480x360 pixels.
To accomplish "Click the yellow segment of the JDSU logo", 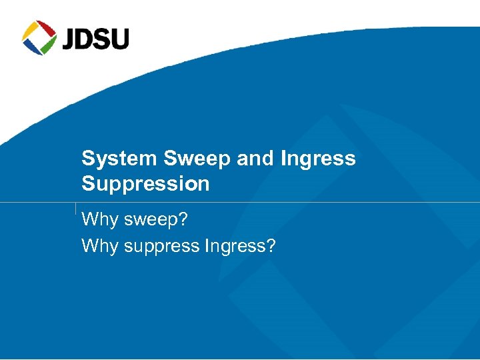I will tap(30, 30).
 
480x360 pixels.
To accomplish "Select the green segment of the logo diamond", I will tap(48, 45).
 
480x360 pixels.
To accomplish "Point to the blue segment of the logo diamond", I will tap(31, 47).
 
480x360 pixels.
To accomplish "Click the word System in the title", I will tap(118, 159).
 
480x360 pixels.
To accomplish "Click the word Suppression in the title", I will tap(145, 184).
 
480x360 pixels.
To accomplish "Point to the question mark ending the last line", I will tap(271, 246).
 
